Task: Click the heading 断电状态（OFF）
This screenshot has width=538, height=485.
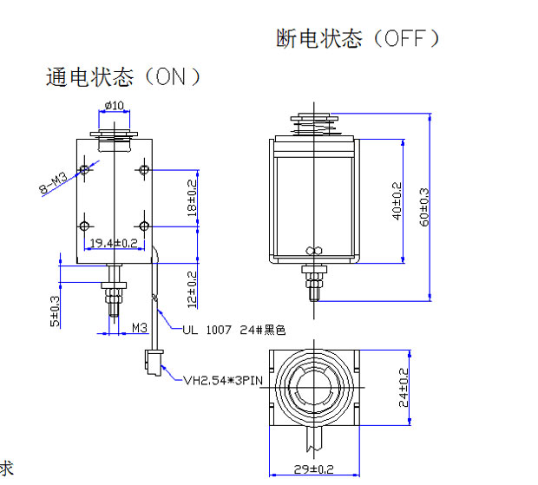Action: pyautogui.click(x=358, y=39)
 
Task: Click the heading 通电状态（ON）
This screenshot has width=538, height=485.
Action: pyautogui.click(x=123, y=77)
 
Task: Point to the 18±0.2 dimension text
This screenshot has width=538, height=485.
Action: pyautogui.click(x=192, y=198)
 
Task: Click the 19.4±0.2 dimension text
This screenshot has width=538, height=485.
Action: pyautogui.click(x=115, y=242)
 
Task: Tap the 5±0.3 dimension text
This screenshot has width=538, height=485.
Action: pyautogui.click(x=56, y=310)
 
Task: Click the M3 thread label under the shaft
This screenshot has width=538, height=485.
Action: pyautogui.click(x=140, y=327)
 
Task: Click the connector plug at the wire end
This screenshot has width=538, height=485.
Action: pyautogui.click(x=152, y=360)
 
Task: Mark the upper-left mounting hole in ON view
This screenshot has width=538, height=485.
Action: pyautogui.click(x=84, y=169)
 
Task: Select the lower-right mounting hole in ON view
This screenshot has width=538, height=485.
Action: pyautogui.click(x=144, y=226)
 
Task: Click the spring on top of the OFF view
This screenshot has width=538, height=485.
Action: pyautogui.click(x=314, y=128)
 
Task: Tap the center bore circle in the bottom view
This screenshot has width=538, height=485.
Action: pyautogui.click(x=313, y=387)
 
